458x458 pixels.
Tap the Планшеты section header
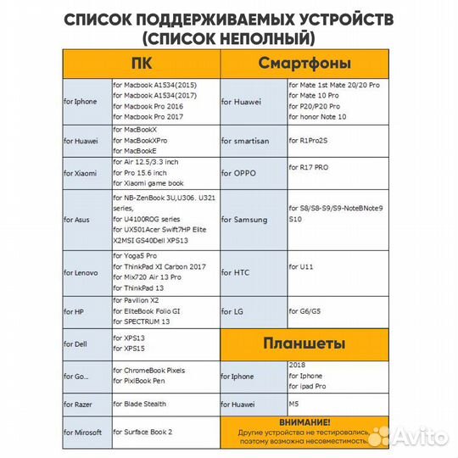pos(303,344)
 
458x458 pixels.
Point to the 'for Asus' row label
pos(76,220)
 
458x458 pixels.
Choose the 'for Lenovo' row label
pos(81,273)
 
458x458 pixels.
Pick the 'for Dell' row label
pos(75,343)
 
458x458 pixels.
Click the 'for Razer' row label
pos(77,405)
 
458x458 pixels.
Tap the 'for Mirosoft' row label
pos(83,432)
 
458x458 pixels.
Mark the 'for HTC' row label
pos(236,273)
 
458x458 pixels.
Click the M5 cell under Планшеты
pos(294,404)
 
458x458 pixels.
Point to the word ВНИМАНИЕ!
pos(303,422)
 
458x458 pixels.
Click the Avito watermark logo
pos(416,437)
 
